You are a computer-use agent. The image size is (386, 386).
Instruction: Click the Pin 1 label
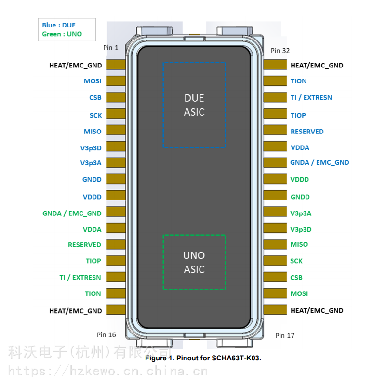point(110,47)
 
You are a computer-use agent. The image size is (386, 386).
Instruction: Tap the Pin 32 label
point(280,50)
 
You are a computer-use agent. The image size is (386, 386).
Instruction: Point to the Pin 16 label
point(106,334)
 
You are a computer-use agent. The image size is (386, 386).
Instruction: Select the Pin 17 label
point(284,335)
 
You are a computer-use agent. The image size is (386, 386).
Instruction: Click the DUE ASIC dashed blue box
point(194,105)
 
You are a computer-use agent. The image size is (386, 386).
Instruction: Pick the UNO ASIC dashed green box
point(194,262)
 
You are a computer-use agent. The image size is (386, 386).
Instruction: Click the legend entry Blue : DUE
point(59,25)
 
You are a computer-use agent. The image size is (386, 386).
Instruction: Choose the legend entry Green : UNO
point(62,34)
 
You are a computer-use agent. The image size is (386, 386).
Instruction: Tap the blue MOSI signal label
point(93,81)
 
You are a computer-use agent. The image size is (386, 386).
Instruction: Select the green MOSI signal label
point(299,293)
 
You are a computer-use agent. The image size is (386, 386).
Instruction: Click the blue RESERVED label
point(307,131)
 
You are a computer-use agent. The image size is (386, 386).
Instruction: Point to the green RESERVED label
point(84,245)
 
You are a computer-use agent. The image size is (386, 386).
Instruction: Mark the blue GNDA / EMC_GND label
point(319,162)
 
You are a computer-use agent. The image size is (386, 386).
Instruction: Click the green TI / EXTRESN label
point(80,278)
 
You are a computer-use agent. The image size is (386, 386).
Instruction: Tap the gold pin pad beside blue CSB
point(116,97)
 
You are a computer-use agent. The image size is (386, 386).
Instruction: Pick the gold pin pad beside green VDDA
point(116,229)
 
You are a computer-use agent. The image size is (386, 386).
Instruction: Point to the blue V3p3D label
point(91,147)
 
